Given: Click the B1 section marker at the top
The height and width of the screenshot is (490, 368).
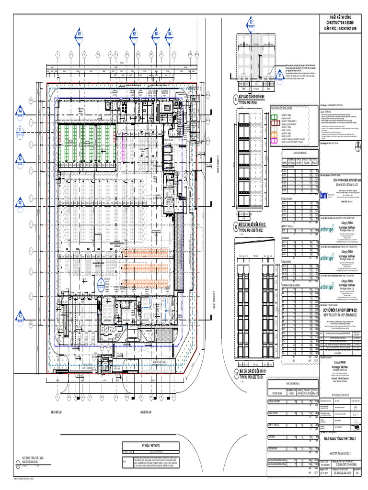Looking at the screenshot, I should [80, 34].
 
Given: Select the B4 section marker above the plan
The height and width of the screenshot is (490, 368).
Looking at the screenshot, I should [169, 34].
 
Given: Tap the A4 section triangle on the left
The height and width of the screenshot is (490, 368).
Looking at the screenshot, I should [21, 111].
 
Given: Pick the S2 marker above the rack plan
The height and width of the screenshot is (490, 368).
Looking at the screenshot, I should [251, 22].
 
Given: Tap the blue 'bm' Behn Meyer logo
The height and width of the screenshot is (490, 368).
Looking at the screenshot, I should [324, 194].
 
